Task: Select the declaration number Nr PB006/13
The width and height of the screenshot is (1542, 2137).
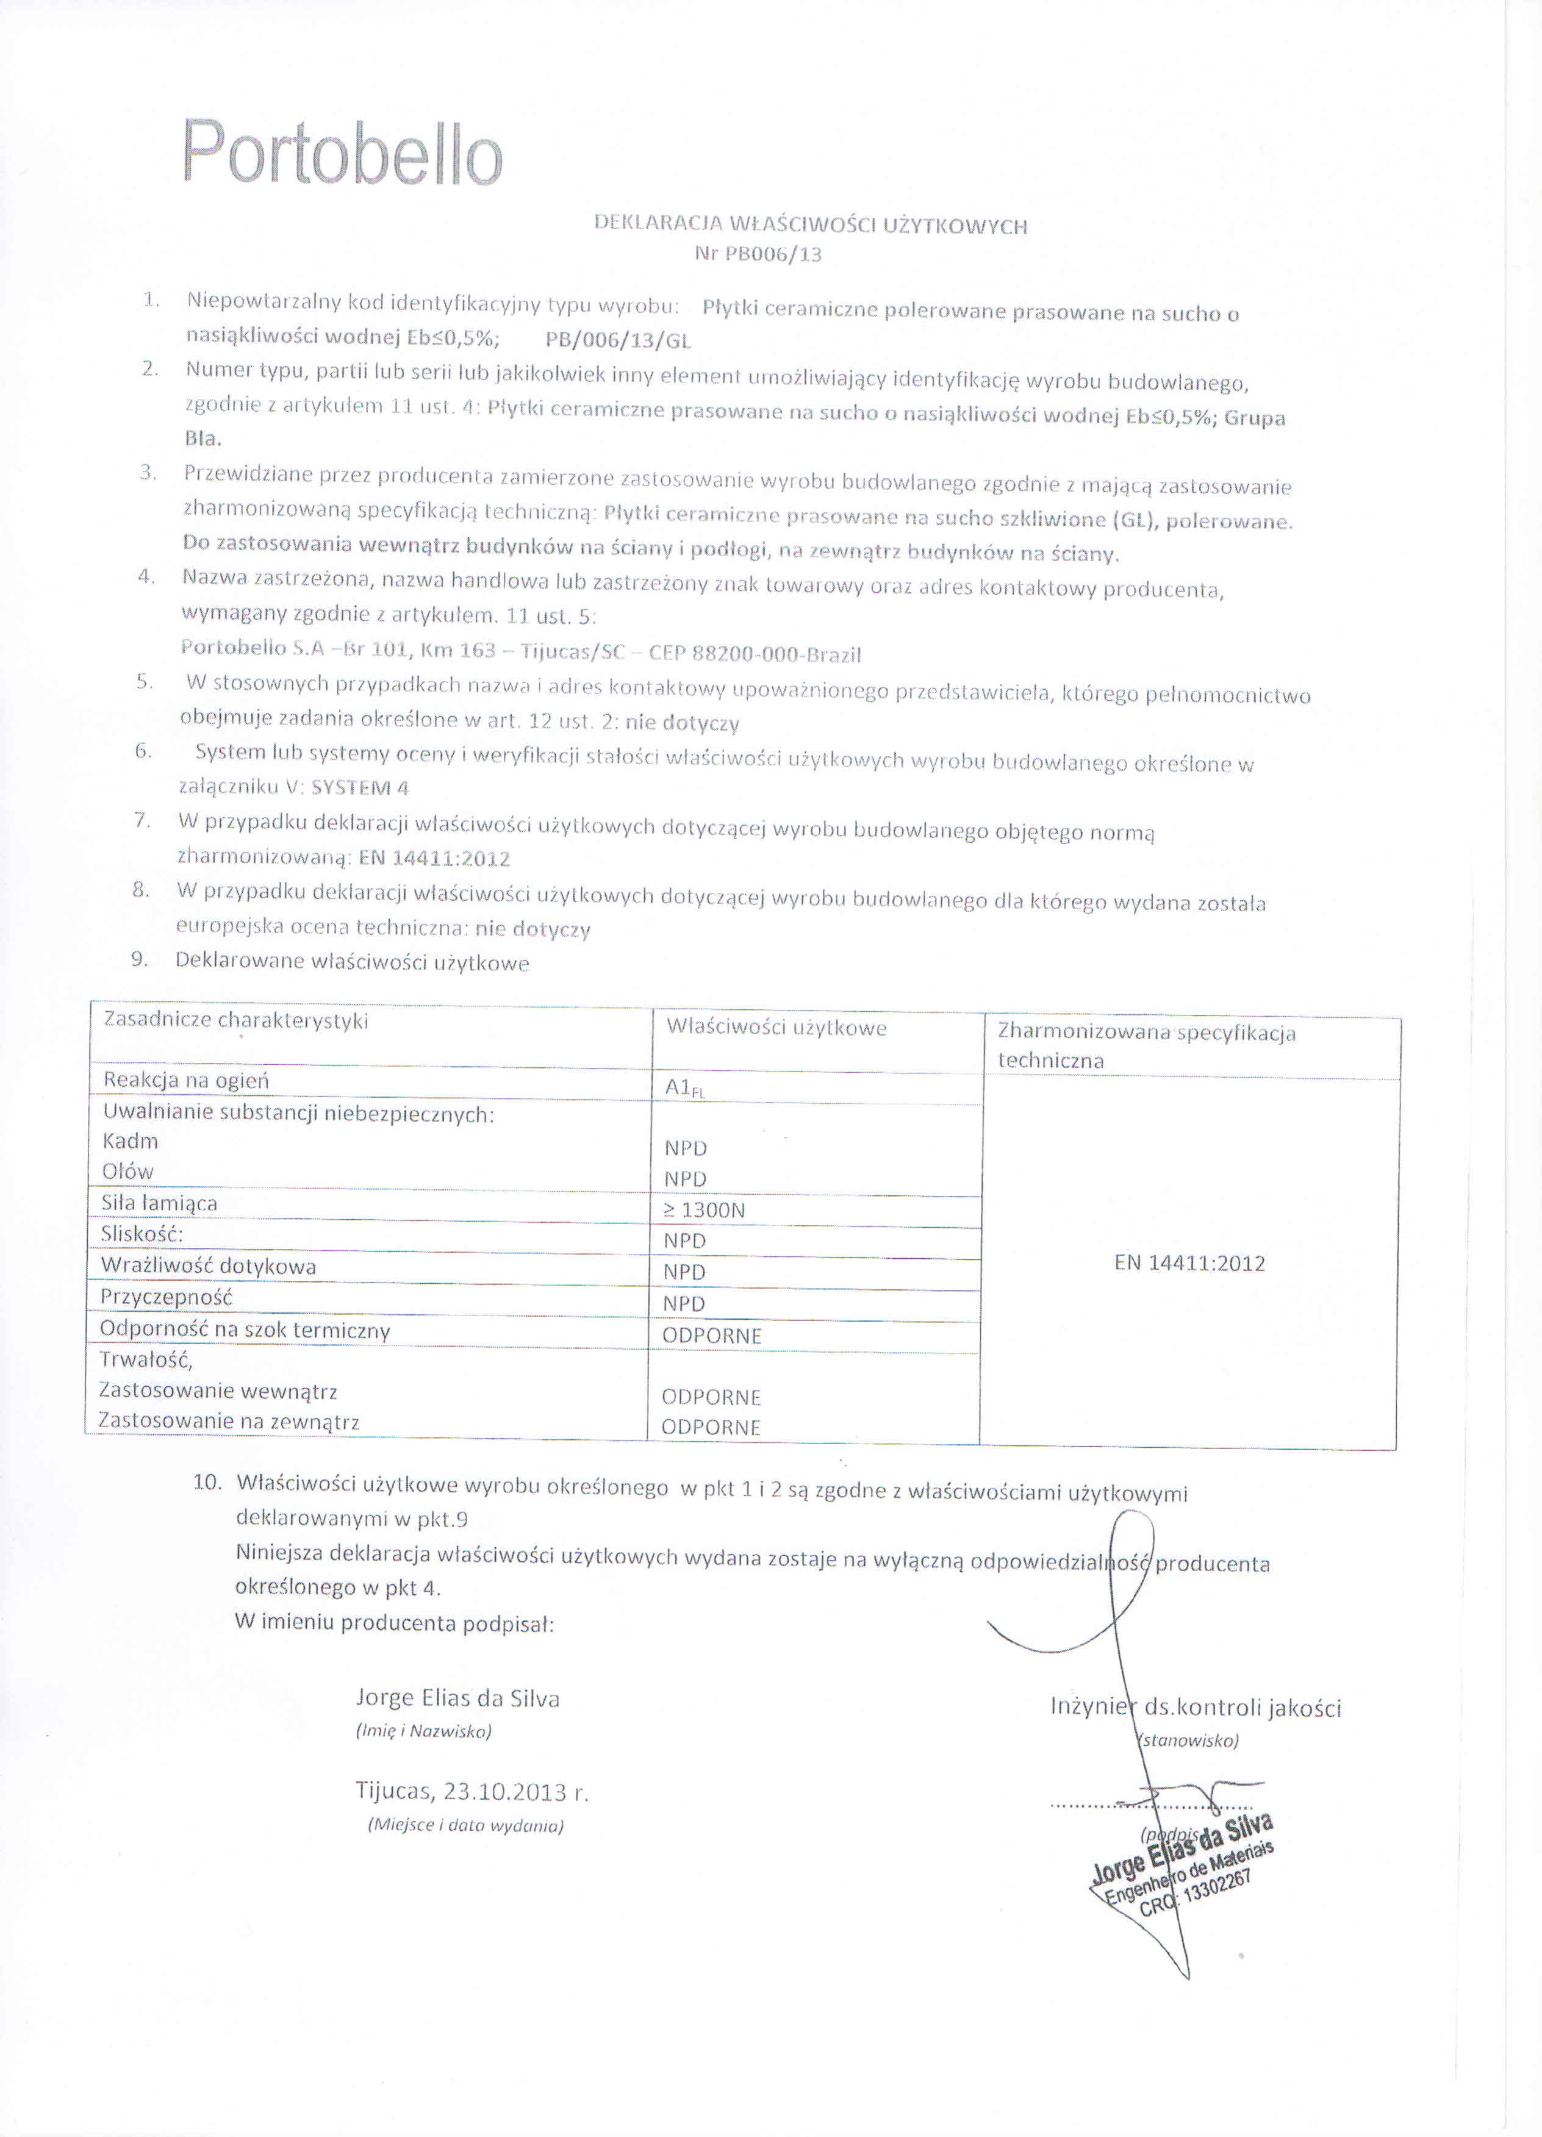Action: click(x=758, y=254)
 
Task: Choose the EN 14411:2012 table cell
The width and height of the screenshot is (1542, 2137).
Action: click(x=1189, y=1264)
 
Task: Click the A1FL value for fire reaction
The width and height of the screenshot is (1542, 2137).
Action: click(x=685, y=1087)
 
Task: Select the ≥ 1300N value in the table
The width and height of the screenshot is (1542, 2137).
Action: click(x=704, y=1211)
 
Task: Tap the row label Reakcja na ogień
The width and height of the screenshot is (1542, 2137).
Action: click(x=187, y=1081)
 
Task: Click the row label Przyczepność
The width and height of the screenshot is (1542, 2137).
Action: click(x=167, y=1297)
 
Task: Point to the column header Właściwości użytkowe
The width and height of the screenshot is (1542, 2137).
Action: click(x=776, y=1028)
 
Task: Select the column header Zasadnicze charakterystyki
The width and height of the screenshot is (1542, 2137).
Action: click(x=235, y=1020)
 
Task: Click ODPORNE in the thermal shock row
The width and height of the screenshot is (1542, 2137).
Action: click(x=712, y=1336)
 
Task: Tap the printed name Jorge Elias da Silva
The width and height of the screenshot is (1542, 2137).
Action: click(x=458, y=1699)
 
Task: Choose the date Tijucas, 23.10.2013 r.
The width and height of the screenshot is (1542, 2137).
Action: click(x=472, y=1792)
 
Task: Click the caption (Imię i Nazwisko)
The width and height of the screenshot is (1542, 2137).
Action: click(x=424, y=1732)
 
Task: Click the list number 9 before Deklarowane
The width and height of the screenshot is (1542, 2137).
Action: click(x=140, y=959)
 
